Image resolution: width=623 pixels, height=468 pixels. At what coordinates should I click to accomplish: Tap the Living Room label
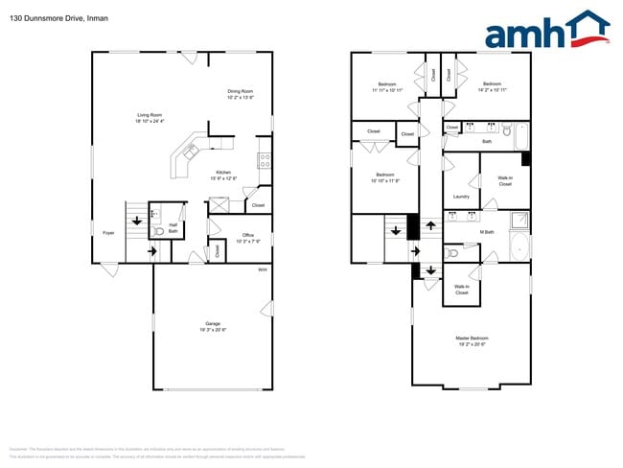(149, 115)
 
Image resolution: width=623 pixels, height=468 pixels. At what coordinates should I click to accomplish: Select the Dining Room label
(240, 92)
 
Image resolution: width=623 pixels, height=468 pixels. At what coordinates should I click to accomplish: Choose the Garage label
(212, 324)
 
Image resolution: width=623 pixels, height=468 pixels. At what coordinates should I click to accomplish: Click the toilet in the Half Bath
(159, 231)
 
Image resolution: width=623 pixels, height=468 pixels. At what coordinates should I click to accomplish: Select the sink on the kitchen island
(190, 151)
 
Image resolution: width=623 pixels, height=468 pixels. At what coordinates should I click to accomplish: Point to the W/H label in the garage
(263, 269)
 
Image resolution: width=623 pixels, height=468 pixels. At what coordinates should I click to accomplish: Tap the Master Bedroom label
(472, 339)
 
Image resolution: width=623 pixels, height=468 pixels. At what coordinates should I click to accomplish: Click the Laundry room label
(461, 197)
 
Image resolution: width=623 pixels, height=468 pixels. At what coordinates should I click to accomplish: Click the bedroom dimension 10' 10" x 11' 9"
(383, 179)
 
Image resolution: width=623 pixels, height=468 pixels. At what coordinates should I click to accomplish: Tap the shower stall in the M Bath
(519, 219)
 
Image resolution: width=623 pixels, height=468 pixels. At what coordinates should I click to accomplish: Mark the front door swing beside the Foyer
(110, 269)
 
